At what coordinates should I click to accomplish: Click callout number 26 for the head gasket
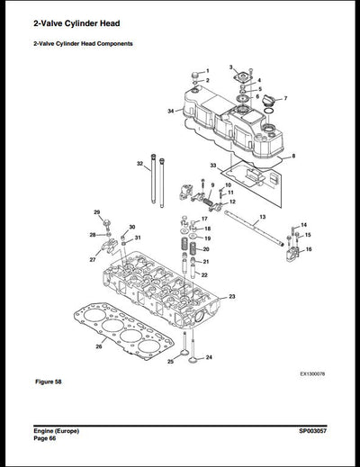click(x=99, y=345)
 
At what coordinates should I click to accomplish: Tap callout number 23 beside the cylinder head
click(x=232, y=296)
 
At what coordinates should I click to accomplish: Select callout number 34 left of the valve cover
click(x=170, y=111)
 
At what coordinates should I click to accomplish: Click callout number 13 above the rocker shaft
click(x=262, y=218)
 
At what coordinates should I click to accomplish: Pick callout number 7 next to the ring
click(x=285, y=97)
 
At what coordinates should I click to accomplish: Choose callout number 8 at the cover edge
click(x=293, y=156)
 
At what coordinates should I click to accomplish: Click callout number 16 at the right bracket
click(x=309, y=249)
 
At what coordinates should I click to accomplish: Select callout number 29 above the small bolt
click(x=97, y=212)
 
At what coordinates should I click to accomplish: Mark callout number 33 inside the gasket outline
click(x=213, y=166)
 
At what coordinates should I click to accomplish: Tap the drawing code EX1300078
click(x=311, y=373)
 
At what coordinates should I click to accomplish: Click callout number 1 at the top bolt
click(x=208, y=70)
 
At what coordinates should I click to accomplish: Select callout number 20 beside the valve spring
click(x=206, y=249)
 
